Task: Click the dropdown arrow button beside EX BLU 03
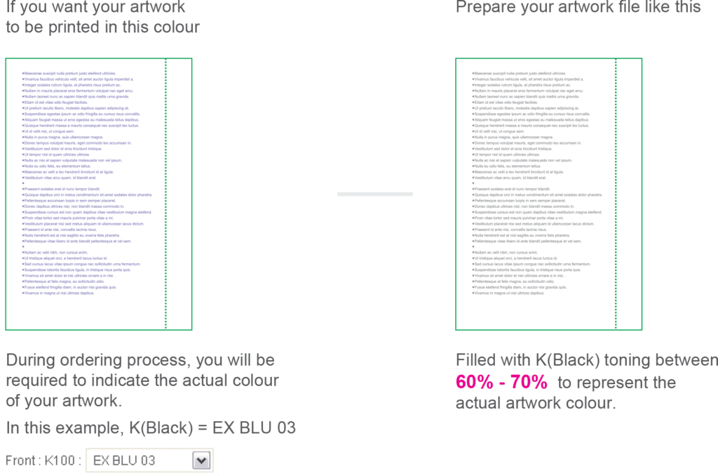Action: coord(202,461)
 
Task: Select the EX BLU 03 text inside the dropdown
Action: coord(124,461)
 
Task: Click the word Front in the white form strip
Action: coord(21,461)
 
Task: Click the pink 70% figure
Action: coord(528,383)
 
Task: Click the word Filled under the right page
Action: coord(471,361)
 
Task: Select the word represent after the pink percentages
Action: coord(610,383)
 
